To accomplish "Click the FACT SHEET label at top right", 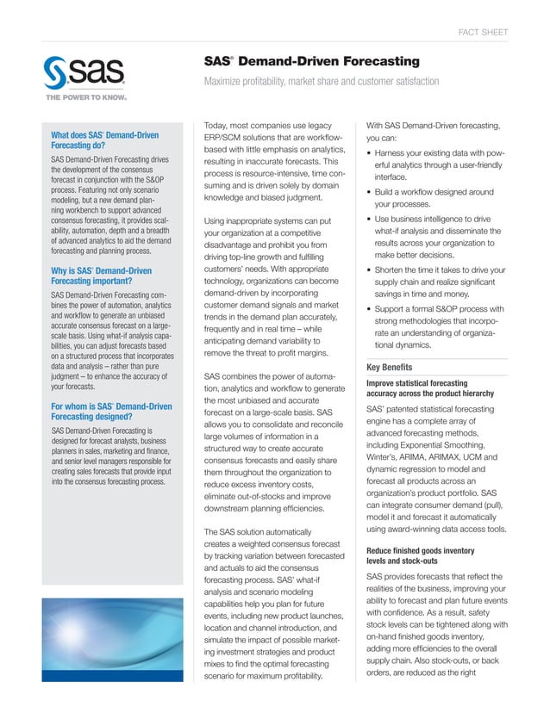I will pyautogui.click(x=482, y=33).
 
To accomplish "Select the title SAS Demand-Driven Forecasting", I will pyautogui.click(x=311, y=61).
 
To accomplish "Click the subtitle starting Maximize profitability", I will pyautogui.click(x=321, y=82).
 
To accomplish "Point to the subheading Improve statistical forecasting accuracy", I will pyautogui.click(x=417, y=388).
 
